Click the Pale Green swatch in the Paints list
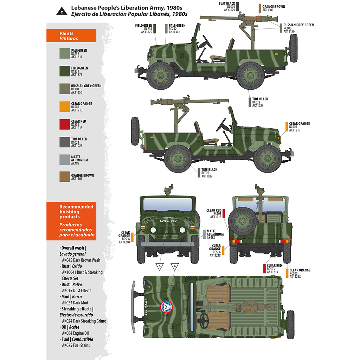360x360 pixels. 65,53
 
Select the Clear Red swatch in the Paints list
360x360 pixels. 65,124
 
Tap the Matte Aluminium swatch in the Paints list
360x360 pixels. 65,160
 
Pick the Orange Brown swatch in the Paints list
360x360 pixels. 65,176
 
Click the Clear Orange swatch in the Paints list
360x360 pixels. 65,107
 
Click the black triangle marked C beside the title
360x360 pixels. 62,11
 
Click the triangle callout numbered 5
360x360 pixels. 160,266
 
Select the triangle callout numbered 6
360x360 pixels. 175,266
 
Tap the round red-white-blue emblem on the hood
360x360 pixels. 166,307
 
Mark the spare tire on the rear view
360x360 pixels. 242,221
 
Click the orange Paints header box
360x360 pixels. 71,36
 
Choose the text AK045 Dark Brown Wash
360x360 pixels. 81,260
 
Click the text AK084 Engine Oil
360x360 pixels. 75,333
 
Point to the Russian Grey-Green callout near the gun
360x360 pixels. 298,28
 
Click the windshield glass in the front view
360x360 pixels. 168,204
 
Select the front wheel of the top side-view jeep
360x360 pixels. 160,76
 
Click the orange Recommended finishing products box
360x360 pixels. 71,221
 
